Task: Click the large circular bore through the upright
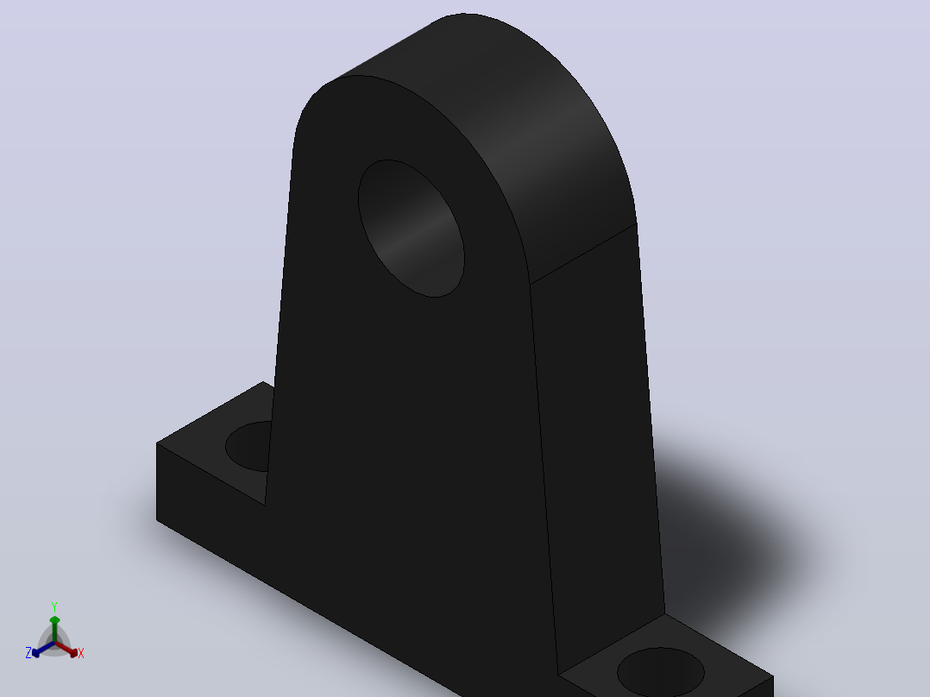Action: [x=411, y=228]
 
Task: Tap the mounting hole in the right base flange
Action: [x=661, y=673]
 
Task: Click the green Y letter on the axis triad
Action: [x=54, y=607]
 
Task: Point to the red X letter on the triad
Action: [x=81, y=653]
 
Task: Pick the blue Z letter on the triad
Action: [x=28, y=653]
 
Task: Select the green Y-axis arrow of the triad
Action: [x=54, y=629]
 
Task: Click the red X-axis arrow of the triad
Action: [x=66, y=649]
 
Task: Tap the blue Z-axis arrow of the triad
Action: [x=43, y=649]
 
